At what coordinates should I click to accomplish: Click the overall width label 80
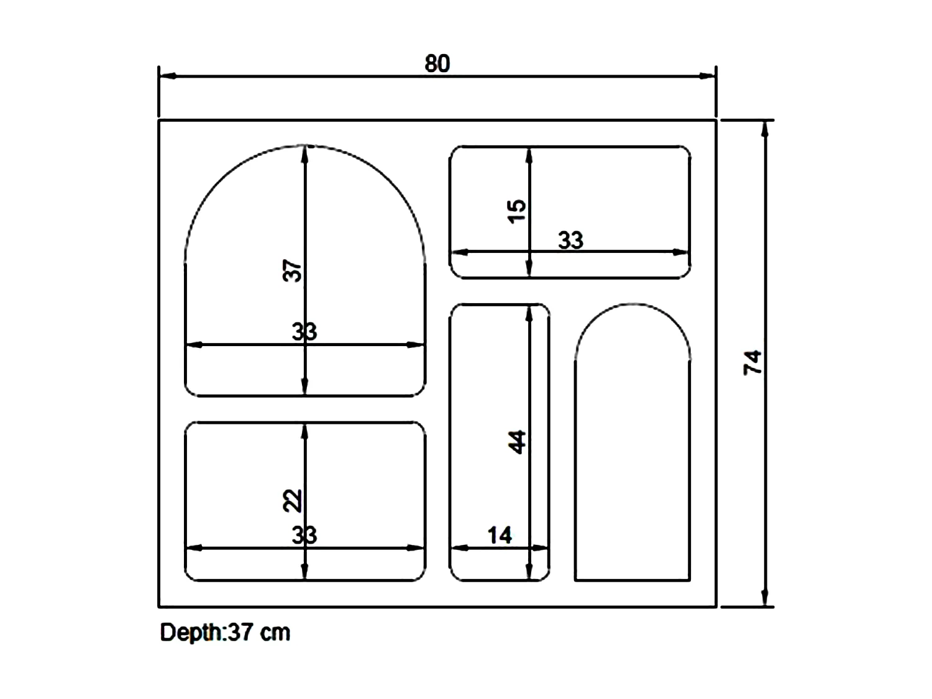click(x=437, y=64)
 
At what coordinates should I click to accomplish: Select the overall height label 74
click(x=752, y=362)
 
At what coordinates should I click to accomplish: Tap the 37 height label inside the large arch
click(x=293, y=271)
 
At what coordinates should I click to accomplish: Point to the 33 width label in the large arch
click(x=304, y=332)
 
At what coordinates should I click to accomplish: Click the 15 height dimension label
click(x=517, y=211)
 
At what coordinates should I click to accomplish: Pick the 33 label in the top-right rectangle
click(x=570, y=240)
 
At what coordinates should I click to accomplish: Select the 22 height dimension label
click(x=293, y=500)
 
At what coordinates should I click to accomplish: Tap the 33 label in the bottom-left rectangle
click(x=304, y=535)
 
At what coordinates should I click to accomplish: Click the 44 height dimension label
click(x=517, y=442)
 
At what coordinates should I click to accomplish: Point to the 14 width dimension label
click(x=500, y=535)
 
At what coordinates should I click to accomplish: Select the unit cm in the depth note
click(x=275, y=633)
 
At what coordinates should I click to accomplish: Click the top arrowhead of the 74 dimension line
click(x=765, y=129)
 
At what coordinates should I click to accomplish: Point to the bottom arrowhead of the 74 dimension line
click(x=765, y=598)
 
